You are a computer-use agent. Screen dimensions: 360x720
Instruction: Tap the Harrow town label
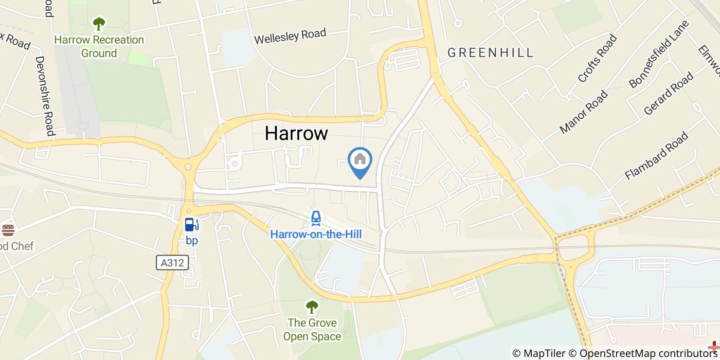pos(296,133)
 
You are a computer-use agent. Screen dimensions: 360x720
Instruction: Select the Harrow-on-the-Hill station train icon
pos(316,219)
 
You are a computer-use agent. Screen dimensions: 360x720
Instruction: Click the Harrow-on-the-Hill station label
pos(316,235)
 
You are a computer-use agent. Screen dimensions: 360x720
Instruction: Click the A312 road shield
pos(173,263)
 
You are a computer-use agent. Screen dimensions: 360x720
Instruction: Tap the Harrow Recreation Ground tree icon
pos(99,24)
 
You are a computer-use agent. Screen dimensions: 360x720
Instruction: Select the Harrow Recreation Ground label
pos(99,46)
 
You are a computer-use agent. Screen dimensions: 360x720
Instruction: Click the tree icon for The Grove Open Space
pos(312,308)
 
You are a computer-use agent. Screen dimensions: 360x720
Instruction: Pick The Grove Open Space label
pos(312,330)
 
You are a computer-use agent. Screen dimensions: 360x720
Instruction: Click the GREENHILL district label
pos(490,53)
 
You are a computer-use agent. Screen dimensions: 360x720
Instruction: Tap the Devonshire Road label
pos(44,96)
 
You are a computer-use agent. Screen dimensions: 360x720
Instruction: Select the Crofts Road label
pos(597,58)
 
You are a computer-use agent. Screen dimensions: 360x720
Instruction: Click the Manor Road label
pos(584,112)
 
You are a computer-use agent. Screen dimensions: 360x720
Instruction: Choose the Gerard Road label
pos(668,94)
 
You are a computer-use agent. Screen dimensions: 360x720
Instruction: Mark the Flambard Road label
pos(656,156)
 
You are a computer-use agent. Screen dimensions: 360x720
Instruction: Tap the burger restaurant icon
pos(8,230)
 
